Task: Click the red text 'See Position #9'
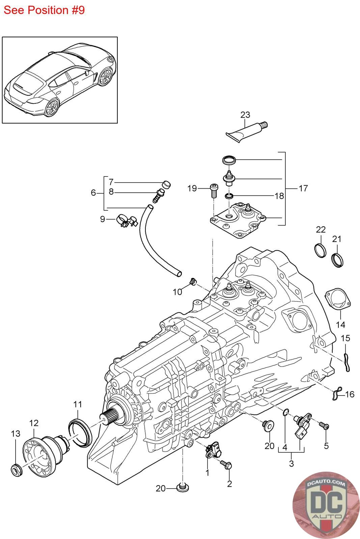[x=44, y=10]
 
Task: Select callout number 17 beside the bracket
[x=303, y=188]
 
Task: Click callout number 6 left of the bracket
[x=93, y=193]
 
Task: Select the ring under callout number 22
[x=320, y=250]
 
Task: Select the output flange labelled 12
[x=40, y=453]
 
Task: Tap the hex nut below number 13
[x=16, y=469]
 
